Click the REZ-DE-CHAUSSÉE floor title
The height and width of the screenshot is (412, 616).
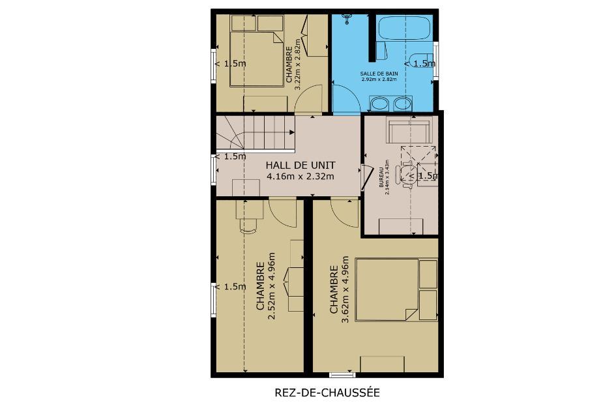click(327, 392)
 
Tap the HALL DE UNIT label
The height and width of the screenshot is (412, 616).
click(301, 165)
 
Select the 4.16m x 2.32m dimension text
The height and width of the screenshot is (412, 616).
click(301, 177)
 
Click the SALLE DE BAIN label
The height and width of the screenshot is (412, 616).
click(379, 74)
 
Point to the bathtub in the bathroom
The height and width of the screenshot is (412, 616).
click(404, 27)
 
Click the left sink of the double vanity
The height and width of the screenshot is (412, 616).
click(379, 104)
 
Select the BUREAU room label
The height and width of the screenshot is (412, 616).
click(381, 179)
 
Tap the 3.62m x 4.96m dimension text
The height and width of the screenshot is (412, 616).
click(345, 289)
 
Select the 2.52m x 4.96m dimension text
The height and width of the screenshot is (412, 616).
click(271, 286)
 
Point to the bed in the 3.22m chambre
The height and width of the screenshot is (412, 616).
click(256, 59)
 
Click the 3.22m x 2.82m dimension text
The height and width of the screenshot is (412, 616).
click(297, 65)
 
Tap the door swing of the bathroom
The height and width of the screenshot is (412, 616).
click(346, 98)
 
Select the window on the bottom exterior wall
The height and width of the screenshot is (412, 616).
click(342, 375)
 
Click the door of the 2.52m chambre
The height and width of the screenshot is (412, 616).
click(283, 213)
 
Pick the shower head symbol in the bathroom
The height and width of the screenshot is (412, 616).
click(347, 18)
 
